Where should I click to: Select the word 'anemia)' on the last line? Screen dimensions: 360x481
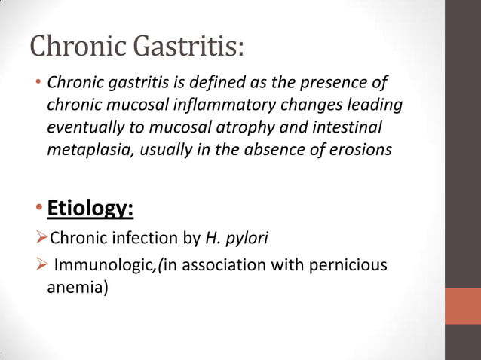78,288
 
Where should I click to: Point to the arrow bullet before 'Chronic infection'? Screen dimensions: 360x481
41,240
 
